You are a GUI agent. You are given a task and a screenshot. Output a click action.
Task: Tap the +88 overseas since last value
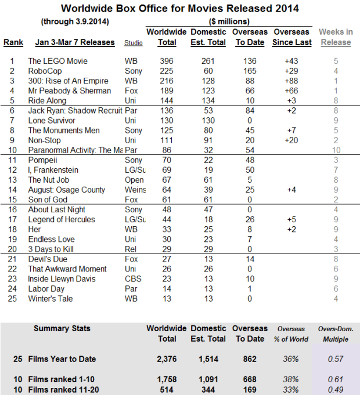point(291,81)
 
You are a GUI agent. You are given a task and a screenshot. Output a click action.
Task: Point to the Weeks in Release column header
point(336,37)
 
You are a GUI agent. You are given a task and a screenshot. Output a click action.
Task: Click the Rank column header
point(13,43)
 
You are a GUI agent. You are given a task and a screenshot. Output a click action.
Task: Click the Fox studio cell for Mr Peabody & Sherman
point(131,90)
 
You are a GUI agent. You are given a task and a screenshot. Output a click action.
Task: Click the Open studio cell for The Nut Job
point(134,180)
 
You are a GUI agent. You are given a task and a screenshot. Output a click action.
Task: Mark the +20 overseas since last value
point(291,140)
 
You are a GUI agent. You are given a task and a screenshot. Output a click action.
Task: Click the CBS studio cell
point(133,279)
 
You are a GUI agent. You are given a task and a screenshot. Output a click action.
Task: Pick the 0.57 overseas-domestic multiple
point(336,359)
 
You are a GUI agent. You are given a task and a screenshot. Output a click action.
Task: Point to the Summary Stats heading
point(62,328)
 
